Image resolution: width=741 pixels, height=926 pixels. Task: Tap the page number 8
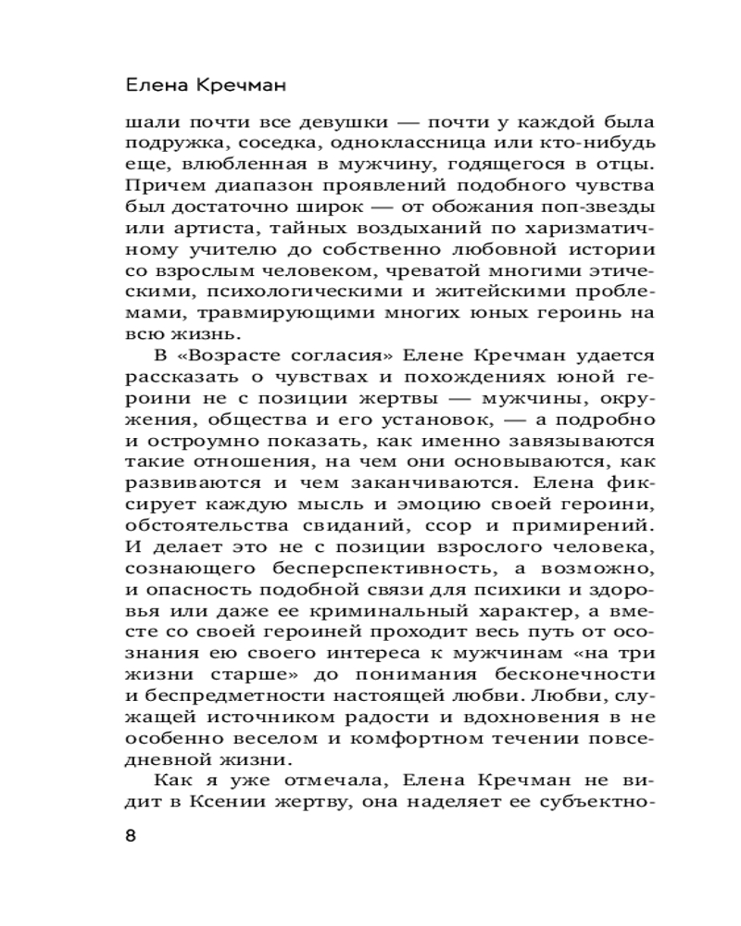pos(130,835)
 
